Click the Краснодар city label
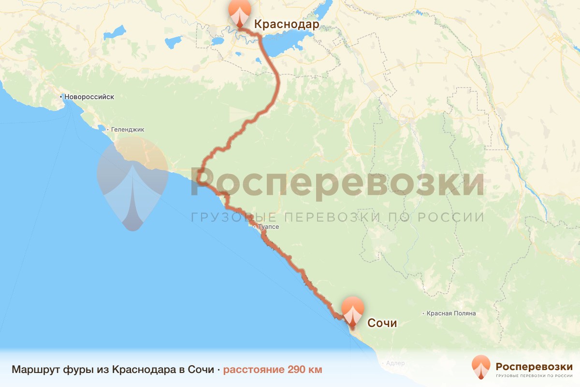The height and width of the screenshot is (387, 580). (x=286, y=24)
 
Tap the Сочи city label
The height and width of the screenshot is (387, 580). (x=382, y=323)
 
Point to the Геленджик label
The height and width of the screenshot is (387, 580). (x=128, y=130)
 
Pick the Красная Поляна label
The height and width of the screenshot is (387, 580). (x=451, y=313)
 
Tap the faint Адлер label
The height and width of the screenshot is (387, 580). (x=395, y=363)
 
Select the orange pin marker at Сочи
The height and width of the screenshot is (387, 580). (x=353, y=310)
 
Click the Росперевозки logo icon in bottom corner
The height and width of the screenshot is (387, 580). (x=481, y=367)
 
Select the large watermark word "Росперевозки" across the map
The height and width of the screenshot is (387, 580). (x=337, y=183)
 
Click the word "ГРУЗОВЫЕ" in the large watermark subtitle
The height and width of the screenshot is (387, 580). (x=235, y=217)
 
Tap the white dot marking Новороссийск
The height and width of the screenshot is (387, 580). (x=61, y=97)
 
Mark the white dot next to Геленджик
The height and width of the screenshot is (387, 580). (x=108, y=130)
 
